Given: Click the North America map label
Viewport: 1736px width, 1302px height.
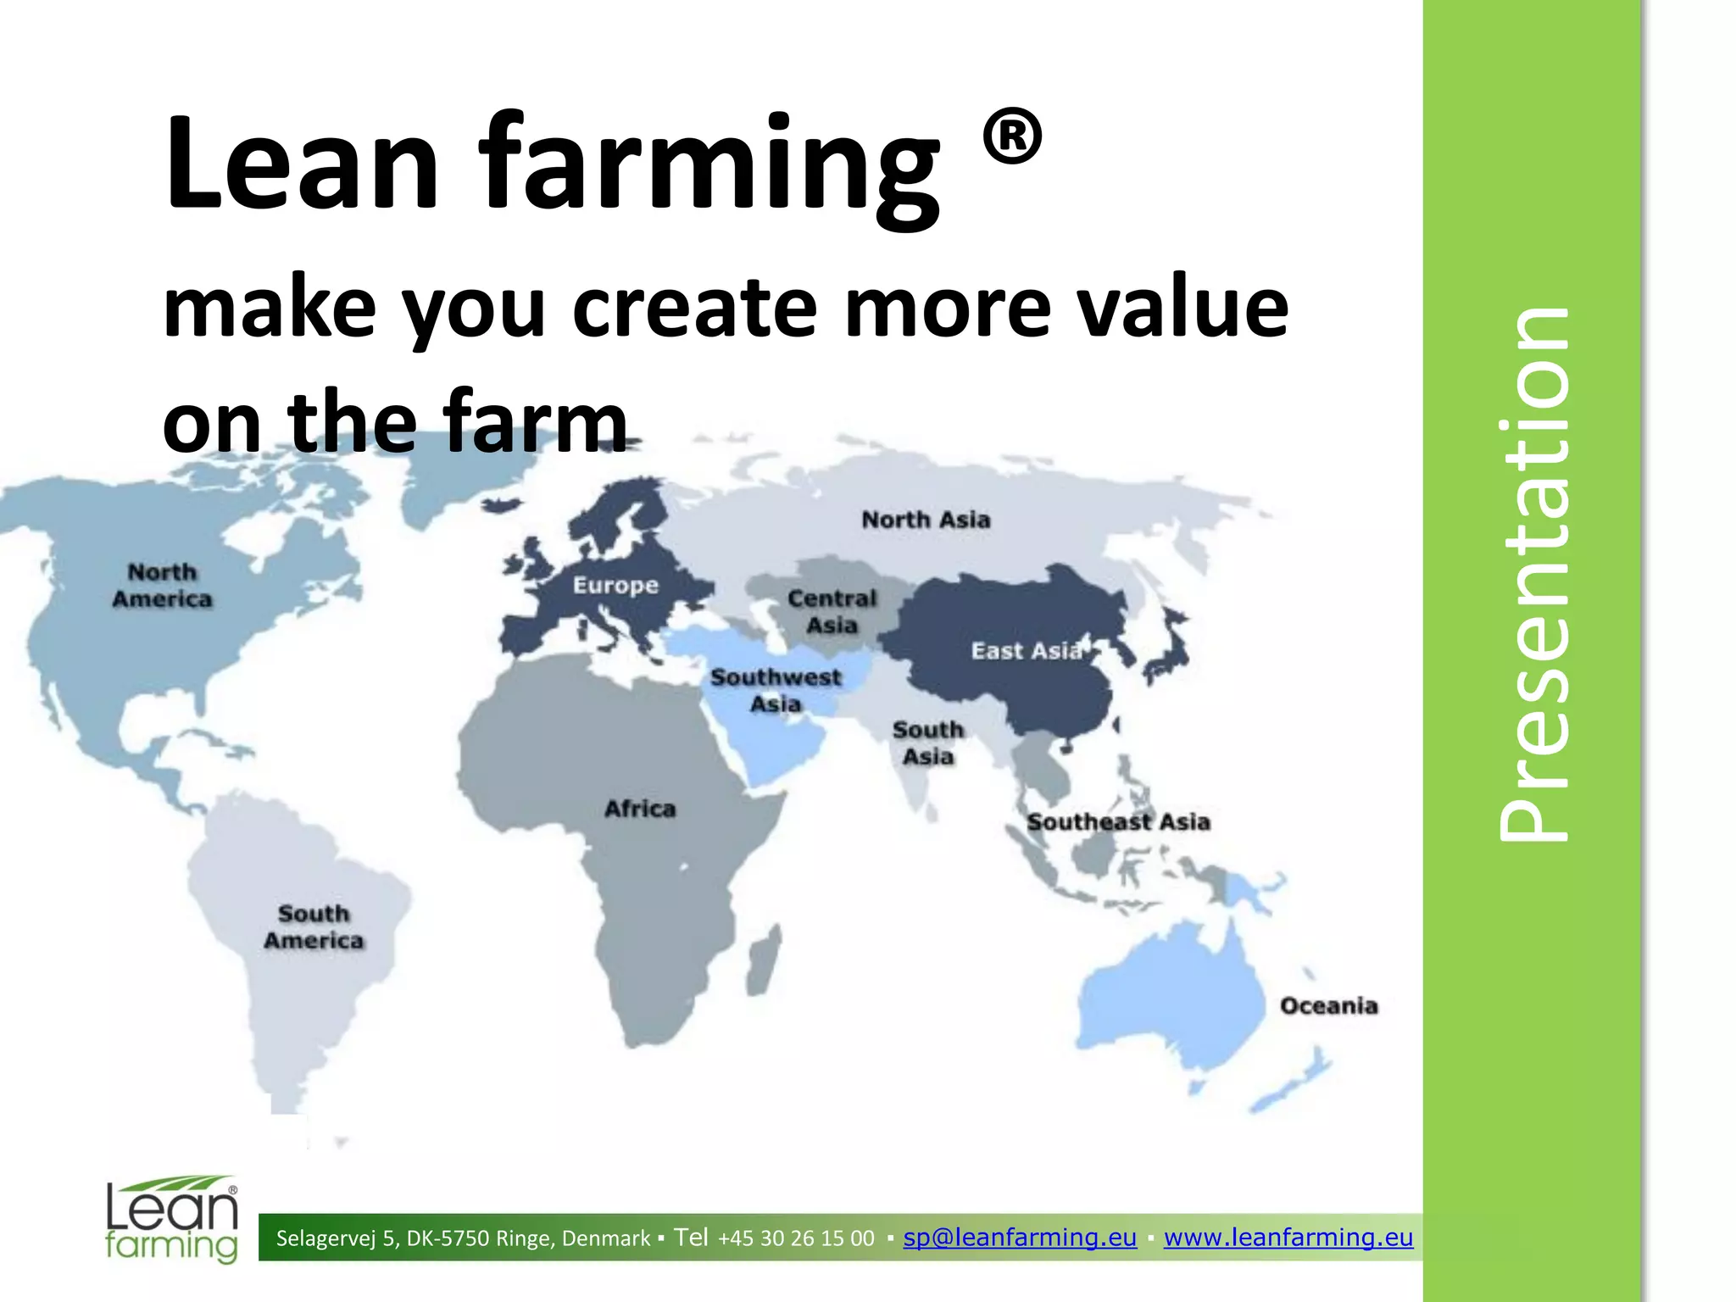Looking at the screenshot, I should click(x=162, y=586).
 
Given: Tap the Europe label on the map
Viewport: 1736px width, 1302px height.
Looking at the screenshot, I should click(x=615, y=585).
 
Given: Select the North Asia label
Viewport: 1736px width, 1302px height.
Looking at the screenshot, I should click(x=926, y=520).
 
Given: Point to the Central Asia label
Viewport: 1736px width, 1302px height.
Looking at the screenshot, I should click(x=832, y=611).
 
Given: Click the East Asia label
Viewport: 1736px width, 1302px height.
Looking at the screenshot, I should click(x=1027, y=651).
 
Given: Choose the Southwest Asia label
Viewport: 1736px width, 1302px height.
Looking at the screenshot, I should click(x=776, y=690).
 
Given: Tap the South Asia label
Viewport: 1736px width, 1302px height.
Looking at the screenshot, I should click(x=928, y=743).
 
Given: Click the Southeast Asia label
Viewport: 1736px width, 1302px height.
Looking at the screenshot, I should click(x=1118, y=821).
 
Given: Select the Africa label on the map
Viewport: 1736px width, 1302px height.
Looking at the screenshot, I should click(x=640, y=809).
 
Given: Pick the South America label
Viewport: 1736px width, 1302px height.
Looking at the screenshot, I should click(x=314, y=926).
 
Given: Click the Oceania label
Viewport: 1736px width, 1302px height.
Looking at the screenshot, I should click(x=1328, y=1006).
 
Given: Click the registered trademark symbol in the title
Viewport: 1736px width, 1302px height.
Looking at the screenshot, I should click(x=1012, y=136).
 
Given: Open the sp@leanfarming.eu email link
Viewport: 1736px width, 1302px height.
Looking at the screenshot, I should click(x=1020, y=1238).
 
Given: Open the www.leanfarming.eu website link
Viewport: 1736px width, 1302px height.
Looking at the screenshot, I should click(x=1288, y=1238).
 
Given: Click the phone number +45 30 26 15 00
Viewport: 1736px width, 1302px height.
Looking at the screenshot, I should click(x=796, y=1238).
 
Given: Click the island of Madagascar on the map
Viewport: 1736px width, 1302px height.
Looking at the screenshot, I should click(x=765, y=961).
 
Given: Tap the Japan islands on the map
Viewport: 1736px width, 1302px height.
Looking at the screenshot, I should click(x=1168, y=645).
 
